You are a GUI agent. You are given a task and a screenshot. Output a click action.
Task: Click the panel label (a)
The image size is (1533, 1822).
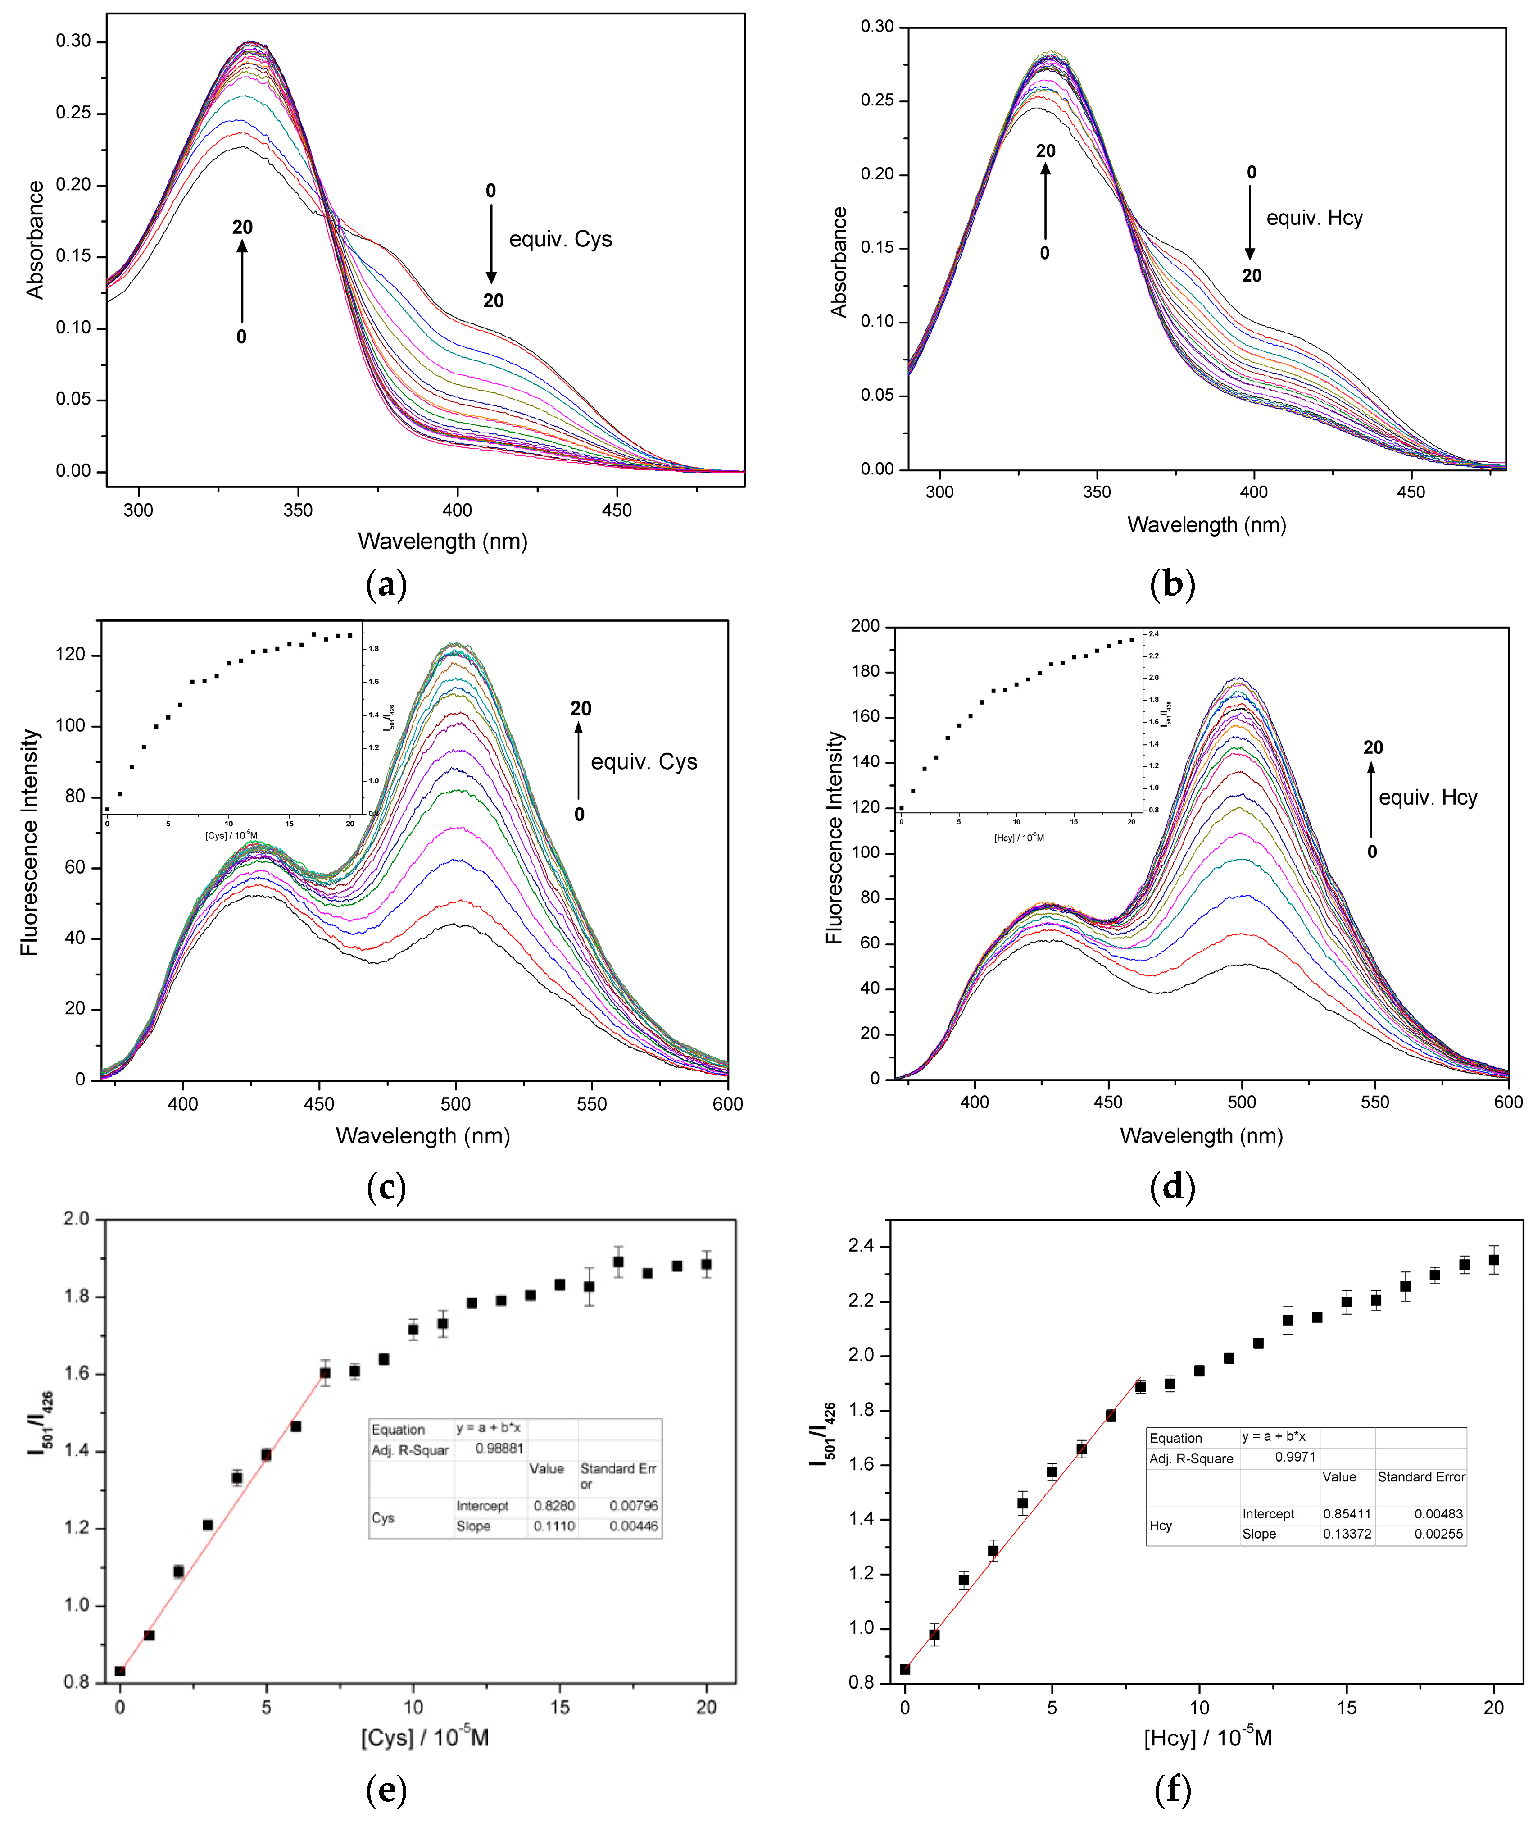pos(387,585)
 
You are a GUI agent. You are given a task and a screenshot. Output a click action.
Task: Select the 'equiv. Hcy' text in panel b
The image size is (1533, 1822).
pos(1314,218)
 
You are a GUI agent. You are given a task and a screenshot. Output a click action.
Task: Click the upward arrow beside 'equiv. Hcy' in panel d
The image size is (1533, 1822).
pos(1371,800)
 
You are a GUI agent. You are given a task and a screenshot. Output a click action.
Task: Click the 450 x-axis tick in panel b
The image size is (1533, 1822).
pos(1411,492)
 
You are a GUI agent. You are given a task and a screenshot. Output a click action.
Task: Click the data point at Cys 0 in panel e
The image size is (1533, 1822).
pos(120,1671)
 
